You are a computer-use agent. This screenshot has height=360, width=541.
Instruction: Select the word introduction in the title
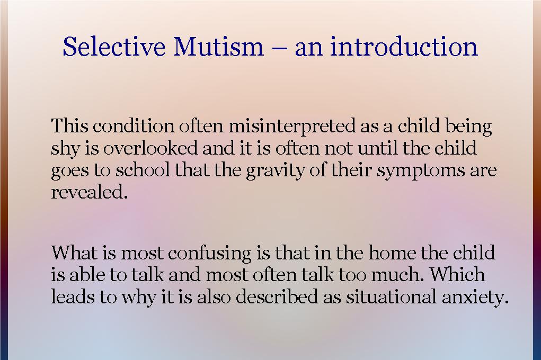pyautogui.click(x=404, y=47)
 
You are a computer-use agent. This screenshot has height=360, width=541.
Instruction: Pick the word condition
pyautogui.click(x=134, y=127)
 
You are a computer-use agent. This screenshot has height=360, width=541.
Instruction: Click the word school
pyautogui.click(x=145, y=170)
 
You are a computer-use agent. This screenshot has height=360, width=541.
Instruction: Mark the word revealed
pyautogui.click(x=90, y=192)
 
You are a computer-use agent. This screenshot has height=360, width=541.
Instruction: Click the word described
pyautogui.click(x=278, y=297)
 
